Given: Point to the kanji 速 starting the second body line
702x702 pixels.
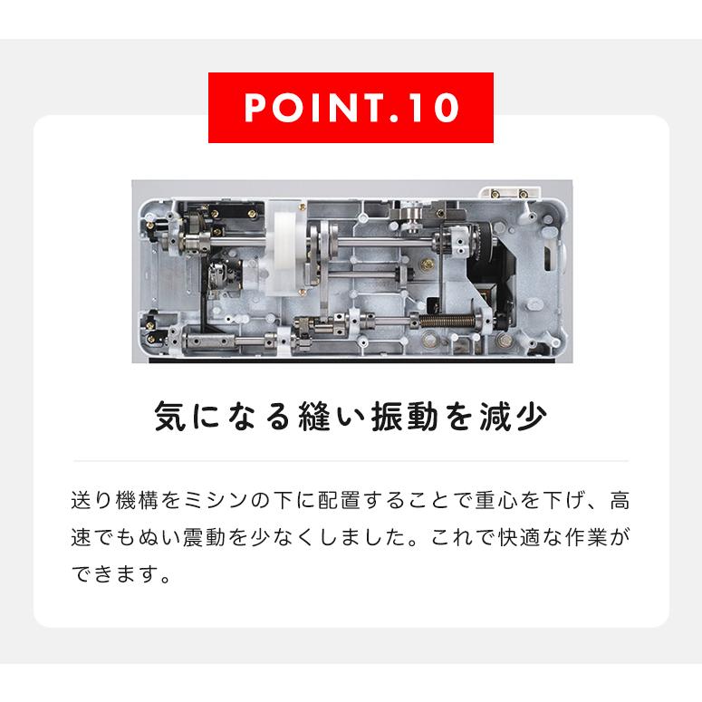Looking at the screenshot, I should tap(81, 538).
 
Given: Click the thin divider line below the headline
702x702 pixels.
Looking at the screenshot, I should tap(351, 461).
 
